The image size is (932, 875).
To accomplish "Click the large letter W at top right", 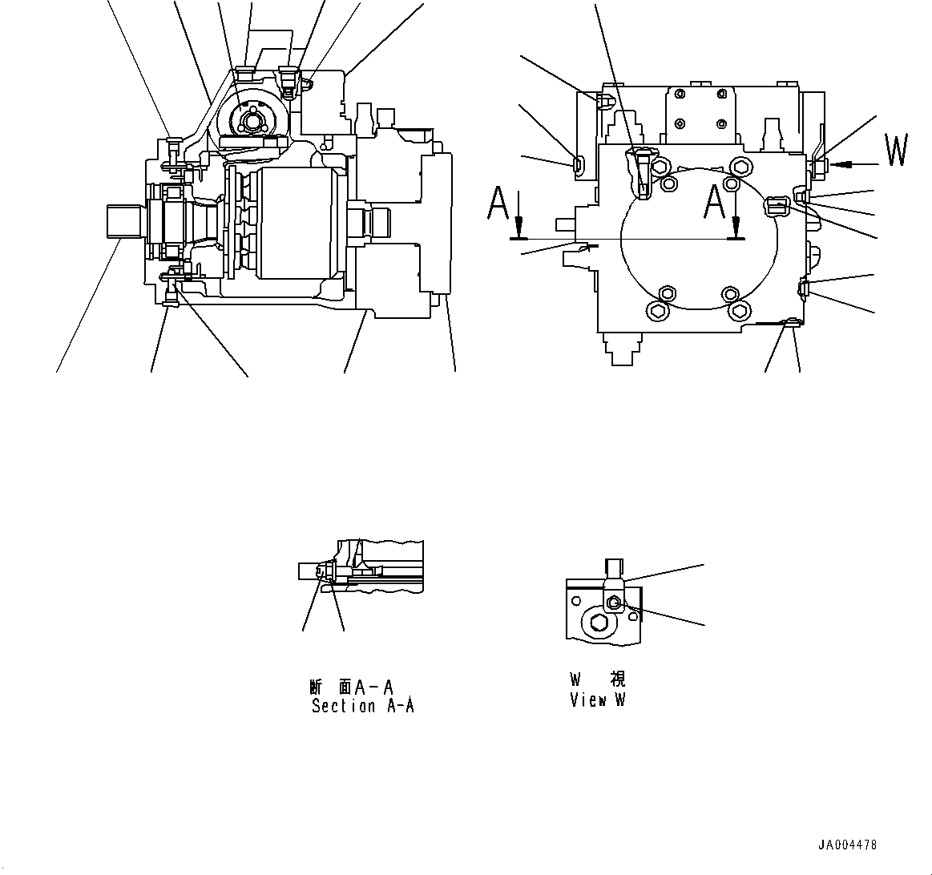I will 897,151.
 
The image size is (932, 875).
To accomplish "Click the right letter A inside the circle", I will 714,201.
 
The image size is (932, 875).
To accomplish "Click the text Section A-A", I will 362,706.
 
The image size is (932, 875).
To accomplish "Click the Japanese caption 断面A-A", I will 351,687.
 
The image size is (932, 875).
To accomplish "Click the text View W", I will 597,700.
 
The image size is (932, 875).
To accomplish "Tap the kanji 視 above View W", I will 617,680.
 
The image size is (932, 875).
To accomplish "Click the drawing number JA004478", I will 847,845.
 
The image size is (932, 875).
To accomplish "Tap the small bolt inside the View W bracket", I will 614,603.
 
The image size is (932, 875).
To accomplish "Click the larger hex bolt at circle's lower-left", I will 658,311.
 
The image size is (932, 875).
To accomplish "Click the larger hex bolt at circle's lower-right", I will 738,311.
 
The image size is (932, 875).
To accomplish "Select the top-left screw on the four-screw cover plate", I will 680,95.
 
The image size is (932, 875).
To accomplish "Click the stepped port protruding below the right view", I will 622,348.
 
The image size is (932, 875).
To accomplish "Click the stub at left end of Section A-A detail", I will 309,571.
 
